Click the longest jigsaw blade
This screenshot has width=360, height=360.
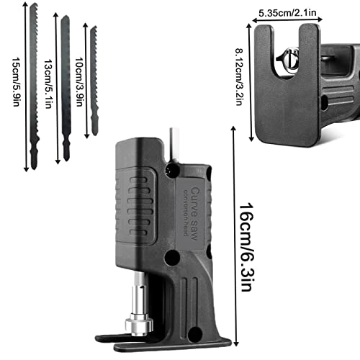[34, 86]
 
